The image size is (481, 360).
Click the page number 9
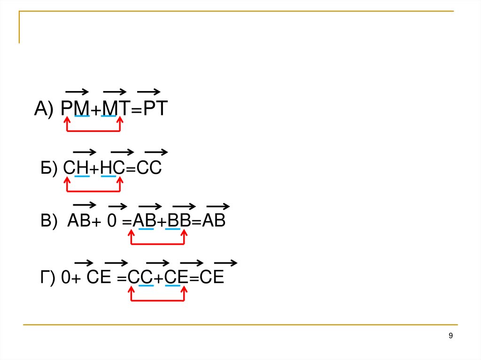pyautogui.click(x=451, y=335)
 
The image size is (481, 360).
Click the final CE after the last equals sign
pyautogui.click(x=212, y=278)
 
